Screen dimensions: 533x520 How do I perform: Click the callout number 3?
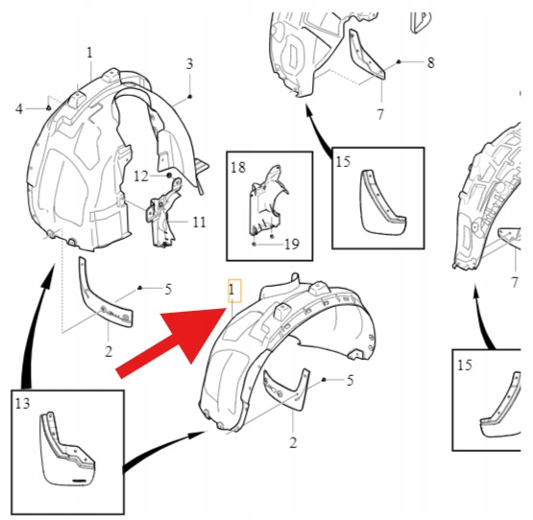[x=189, y=64]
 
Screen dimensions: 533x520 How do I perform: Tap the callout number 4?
[x=19, y=109]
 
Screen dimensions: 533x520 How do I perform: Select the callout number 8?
[x=430, y=62]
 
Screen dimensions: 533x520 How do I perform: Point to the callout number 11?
[x=200, y=223]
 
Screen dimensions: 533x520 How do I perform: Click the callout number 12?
[x=141, y=177]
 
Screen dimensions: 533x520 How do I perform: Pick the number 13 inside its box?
[x=23, y=403]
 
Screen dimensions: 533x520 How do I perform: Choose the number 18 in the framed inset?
[x=238, y=168]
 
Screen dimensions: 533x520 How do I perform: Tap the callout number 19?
[x=292, y=245]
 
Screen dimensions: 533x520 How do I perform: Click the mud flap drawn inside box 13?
[x=67, y=449]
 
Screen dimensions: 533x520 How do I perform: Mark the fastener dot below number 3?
[x=190, y=97]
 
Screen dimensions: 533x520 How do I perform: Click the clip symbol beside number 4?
[x=48, y=108]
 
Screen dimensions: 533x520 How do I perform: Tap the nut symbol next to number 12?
[x=169, y=176]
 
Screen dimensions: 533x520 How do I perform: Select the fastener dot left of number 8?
[x=400, y=61]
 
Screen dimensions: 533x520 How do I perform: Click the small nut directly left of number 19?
[x=254, y=245]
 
